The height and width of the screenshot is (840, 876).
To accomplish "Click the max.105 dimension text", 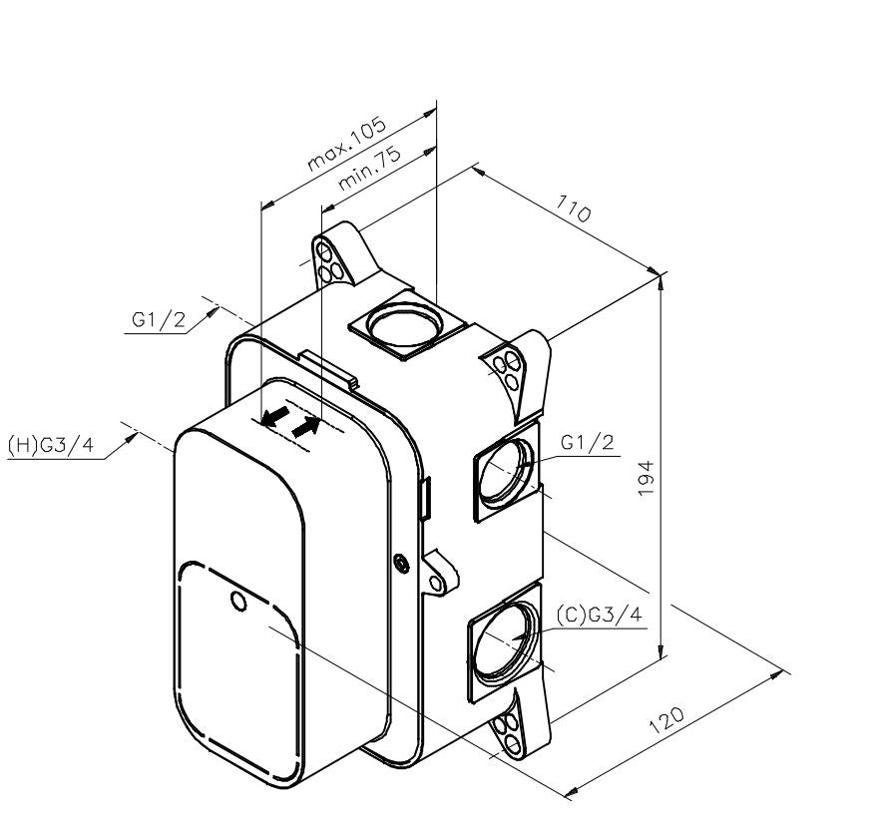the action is (x=347, y=143).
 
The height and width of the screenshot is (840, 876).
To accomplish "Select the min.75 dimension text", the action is (x=369, y=168).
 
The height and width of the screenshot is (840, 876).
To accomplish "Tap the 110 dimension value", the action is (x=573, y=208).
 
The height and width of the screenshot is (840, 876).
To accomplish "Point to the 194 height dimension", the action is (x=646, y=478).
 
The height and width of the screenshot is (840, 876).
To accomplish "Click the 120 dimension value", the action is (x=666, y=720).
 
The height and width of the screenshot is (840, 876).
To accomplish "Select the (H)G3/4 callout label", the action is (x=50, y=445).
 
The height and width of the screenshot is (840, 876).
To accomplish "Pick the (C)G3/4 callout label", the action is (x=600, y=615).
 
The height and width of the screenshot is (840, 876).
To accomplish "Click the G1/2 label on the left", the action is (x=158, y=320).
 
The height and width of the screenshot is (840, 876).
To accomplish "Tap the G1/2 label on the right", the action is (x=588, y=442).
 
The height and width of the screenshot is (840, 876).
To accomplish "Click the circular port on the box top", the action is (x=405, y=324).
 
